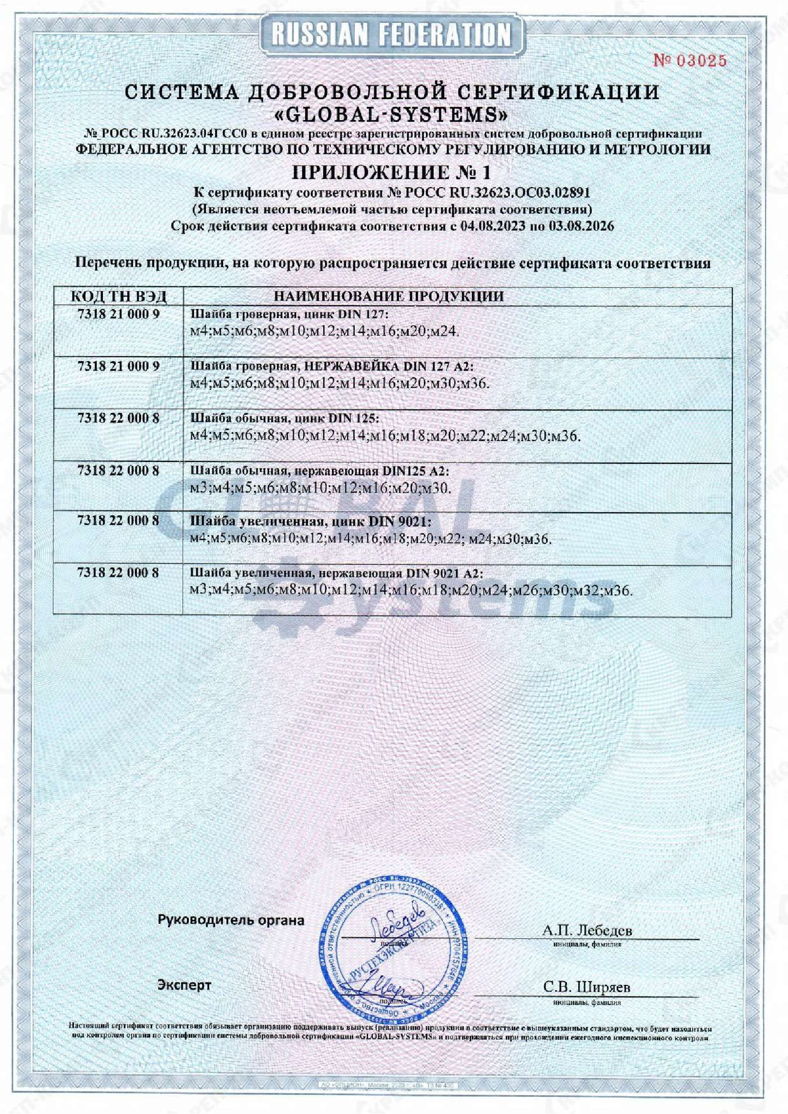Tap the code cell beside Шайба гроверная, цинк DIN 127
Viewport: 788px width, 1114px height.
click(119, 314)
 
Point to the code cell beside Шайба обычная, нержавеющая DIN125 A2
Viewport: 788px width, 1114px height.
click(119, 470)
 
